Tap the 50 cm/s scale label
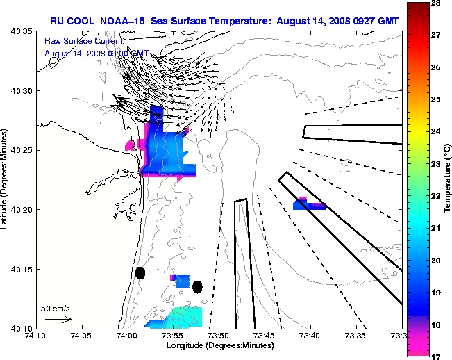click(56, 308)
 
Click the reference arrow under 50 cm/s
click(58, 319)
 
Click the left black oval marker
click(140, 273)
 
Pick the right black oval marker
click(197, 286)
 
